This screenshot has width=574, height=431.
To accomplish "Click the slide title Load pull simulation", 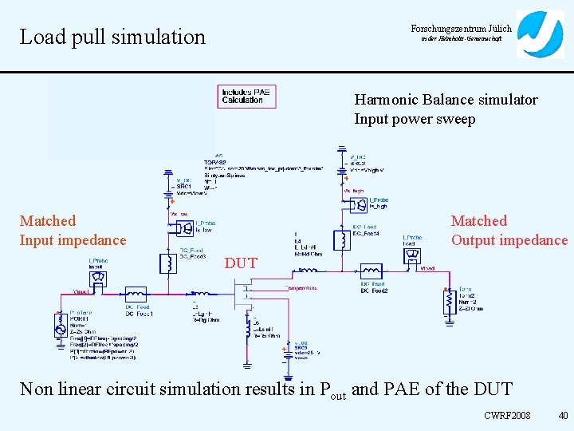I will (x=112, y=37).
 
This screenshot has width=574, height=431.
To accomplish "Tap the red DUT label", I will (x=241, y=263).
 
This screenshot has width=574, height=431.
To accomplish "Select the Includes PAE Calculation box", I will (x=246, y=97).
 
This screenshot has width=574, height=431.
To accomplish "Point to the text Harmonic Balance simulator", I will (x=446, y=100).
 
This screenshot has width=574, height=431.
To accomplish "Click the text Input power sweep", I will (x=415, y=120).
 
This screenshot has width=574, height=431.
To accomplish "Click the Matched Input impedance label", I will (x=73, y=231).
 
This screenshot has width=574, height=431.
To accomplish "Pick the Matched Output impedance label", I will (x=509, y=231).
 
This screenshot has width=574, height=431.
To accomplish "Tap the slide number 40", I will (x=563, y=415).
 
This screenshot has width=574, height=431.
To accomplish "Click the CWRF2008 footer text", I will (x=507, y=415).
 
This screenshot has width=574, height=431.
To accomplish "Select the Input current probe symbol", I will (x=99, y=278).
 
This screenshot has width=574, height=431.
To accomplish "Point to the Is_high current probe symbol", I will (x=353, y=205).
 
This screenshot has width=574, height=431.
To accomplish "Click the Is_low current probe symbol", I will (x=183, y=228).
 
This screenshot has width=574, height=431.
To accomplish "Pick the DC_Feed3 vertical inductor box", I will (x=168, y=263).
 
